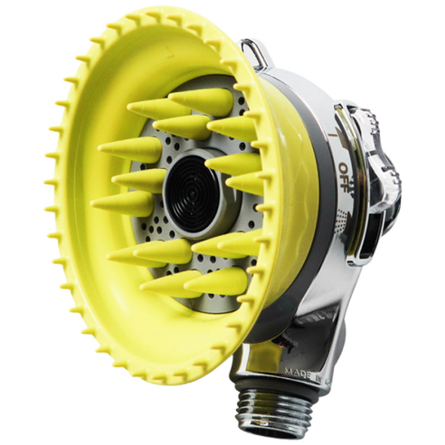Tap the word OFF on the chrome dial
[x=346, y=169]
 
